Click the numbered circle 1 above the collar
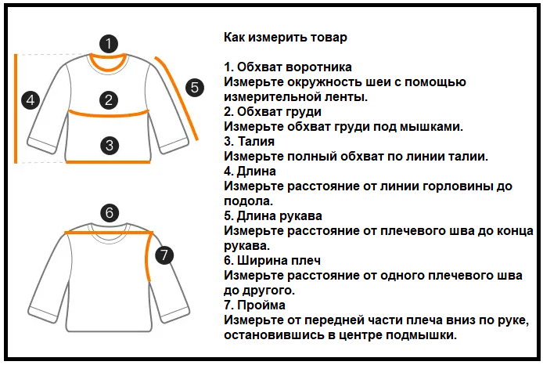(110, 43)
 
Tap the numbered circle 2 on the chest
(110, 99)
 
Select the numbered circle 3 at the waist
(110, 144)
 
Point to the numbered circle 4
(31, 100)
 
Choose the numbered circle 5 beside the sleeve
(194, 87)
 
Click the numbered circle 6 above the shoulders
(110, 212)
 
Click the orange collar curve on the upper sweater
(110, 65)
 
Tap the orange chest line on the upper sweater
(110, 113)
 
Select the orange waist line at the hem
(108, 162)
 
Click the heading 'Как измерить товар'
(285, 37)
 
